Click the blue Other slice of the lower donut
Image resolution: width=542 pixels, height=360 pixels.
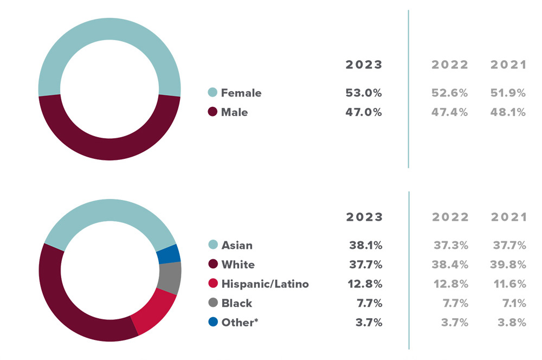[x=168, y=254]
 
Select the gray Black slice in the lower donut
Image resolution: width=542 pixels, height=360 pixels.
[x=169, y=278]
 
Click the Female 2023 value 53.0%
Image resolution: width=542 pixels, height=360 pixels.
[x=364, y=93]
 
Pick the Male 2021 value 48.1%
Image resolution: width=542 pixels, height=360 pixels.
[x=508, y=112]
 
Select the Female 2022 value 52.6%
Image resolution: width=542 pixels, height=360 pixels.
[x=450, y=93]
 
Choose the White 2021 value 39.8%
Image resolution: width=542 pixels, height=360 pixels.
[x=508, y=265]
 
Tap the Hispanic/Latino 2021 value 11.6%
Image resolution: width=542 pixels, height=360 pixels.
[x=509, y=284]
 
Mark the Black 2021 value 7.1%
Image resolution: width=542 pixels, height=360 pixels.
[x=511, y=303]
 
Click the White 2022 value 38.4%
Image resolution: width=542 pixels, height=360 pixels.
[x=450, y=265]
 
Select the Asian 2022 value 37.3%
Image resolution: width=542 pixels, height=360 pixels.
[x=451, y=245]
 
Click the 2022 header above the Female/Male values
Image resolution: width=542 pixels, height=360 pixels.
[x=450, y=65]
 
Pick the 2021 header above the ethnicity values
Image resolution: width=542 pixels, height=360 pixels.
[x=508, y=217]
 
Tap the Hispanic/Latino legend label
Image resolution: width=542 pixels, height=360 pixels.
[x=265, y=284]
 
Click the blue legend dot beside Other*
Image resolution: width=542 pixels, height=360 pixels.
[x=213, y=322]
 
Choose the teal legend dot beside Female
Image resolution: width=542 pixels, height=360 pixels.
[x=212, y=93]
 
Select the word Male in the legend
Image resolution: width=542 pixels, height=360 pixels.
[x=234, y=112]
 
